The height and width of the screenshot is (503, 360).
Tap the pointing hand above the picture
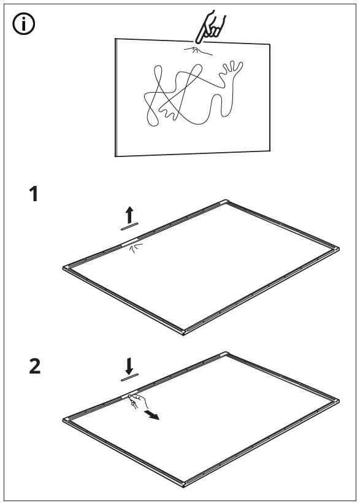pos(210,27)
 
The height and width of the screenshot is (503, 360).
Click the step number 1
pos(34,194)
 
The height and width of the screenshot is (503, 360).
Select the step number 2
pos(35,366)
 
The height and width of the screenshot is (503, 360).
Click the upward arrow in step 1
pos(129,215)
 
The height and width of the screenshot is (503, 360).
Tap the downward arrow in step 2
pos(129,366)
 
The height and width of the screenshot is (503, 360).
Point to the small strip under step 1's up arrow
pos(129,226)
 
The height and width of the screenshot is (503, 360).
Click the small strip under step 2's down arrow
pos(129,378)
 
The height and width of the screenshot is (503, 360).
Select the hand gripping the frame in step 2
pos(137,401)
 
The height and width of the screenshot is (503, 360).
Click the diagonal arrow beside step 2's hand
pos(151,415)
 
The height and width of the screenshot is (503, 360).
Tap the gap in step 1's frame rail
pos(131,242)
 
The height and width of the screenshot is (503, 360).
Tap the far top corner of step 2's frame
pos(226,353)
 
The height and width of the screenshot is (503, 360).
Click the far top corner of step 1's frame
pos(226,201)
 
